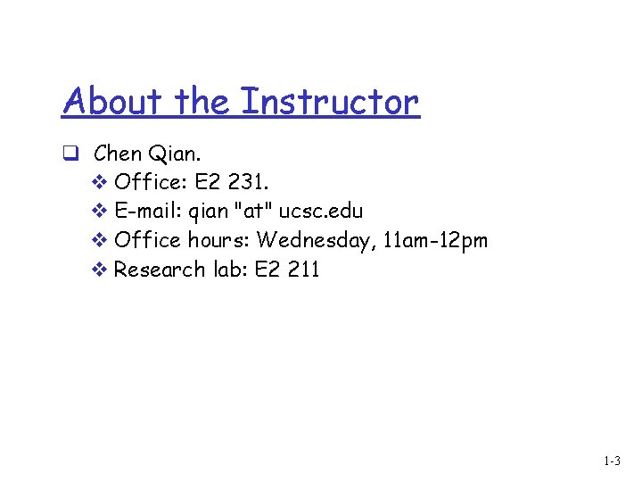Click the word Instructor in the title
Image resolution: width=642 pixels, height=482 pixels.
tap(330, 102)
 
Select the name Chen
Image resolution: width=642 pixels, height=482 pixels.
tap(118, 154)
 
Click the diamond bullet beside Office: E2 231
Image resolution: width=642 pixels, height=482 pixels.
tap(99, 182)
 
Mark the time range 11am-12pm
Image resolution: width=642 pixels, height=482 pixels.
tap(436, 240)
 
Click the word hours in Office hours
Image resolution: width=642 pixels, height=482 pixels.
tap(218, 240)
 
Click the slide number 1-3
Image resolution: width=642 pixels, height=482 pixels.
tap(612, 461)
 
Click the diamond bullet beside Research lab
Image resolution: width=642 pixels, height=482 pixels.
tap(99, 269)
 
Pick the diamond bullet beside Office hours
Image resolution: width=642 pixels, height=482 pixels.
tap(99, 240)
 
